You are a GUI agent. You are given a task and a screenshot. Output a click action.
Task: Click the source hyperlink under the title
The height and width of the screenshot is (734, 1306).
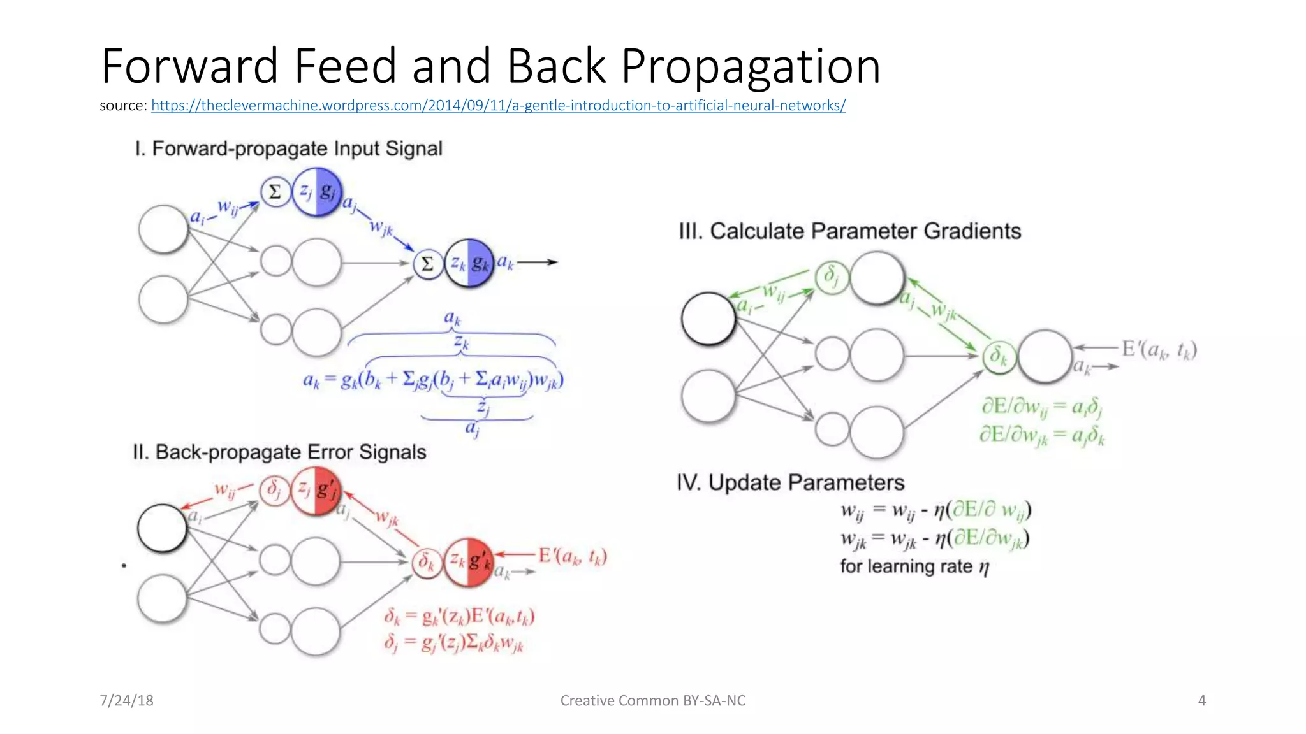click(x=498, y=106)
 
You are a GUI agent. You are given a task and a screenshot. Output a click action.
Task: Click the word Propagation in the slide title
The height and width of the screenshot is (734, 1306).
click(x=751, y=66)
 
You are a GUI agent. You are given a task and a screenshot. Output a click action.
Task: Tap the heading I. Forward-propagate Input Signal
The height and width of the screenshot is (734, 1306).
click(x=288, y=149)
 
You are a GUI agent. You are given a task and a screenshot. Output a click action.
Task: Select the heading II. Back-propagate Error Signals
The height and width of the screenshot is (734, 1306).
click(x=279, y=452)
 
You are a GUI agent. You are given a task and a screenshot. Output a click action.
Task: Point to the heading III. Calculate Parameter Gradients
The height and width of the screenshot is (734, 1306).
click(x=849, y=231)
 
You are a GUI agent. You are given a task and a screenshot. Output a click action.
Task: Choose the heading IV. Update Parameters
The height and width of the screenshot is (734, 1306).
click(x=790, y=482)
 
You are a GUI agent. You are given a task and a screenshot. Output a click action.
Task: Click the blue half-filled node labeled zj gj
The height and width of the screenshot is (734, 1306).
click(x=317, y=192)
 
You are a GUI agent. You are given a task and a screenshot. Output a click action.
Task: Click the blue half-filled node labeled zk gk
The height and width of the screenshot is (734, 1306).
click(x=469, y=263)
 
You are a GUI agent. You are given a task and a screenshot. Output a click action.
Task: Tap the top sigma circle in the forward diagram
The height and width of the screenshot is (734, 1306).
click(x=275, y=191)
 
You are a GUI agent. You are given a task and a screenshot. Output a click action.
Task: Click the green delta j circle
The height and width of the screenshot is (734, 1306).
click(x=831, y=277)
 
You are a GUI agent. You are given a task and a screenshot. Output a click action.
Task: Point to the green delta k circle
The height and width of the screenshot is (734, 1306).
click(x=998, y=356)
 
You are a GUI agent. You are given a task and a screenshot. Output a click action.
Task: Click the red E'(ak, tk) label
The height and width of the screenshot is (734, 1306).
click(x=572, y=556)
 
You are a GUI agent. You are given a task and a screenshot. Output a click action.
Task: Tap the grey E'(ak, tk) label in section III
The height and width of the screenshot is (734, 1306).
click(x=1159, y=350)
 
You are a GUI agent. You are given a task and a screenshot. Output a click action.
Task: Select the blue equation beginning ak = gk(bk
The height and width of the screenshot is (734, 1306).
click(x=433, y=380)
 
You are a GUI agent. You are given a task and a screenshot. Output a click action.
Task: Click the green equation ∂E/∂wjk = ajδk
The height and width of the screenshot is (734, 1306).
click(x=1042, y=436)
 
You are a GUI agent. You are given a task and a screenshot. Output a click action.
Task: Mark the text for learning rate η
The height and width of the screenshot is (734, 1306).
click(x=914, y=566)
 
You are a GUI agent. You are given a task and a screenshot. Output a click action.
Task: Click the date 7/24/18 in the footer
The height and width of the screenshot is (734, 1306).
click(x=126, y=701)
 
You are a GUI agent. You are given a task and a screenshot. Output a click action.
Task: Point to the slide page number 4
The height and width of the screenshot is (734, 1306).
click(x=1201, y=701)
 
